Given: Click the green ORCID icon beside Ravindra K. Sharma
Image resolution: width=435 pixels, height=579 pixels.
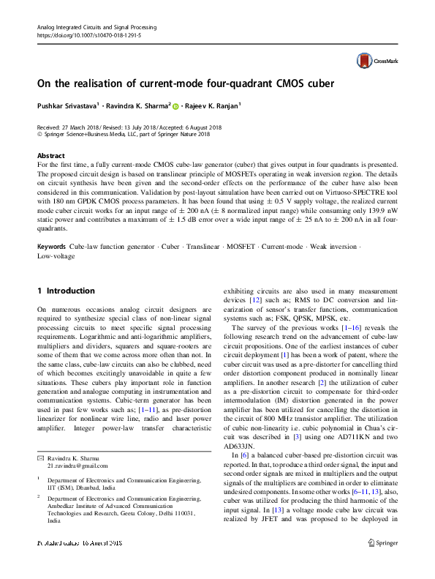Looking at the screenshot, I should pyautogui.click(x=177, y=105).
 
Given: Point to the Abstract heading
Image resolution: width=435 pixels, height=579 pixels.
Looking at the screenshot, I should pyautogui.click(x=50, y=157).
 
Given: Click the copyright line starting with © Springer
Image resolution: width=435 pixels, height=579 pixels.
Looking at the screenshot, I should pyautogui.click(x=123, y=134).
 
